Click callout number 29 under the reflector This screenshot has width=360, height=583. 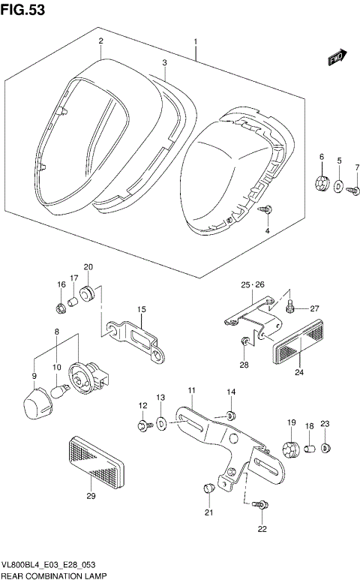pyautogui.click(x=91, y=496)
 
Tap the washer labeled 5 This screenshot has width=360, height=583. pyautogui.click(x=338, y=185)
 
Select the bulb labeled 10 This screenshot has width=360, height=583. pyautogui.click(x=61, y=389)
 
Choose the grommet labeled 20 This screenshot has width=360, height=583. pyautogui.click(x=88, y=292)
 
